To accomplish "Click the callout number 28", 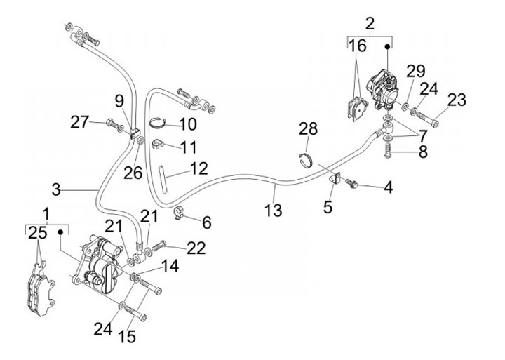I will pos(308,128).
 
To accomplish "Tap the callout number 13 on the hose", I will pos(274,210).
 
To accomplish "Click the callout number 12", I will pos(198,168).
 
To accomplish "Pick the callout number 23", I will pos(456,101).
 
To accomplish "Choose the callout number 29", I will pos(416,72).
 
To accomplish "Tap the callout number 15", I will pos(127,337).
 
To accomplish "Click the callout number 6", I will pos(206,222).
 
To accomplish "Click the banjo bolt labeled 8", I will pos(387,149).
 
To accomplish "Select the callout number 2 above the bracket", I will pos(370,22).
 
